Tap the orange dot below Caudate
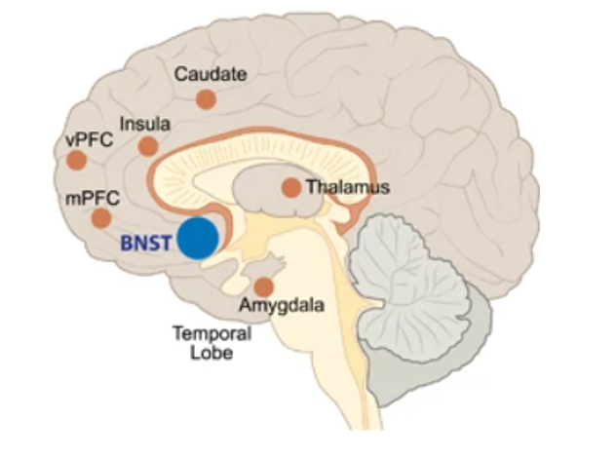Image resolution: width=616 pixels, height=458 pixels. coord(206,98)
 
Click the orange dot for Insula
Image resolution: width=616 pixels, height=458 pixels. coord(148,146)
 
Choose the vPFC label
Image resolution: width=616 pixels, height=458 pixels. coord(89,140)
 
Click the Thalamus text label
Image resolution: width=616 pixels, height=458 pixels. coord(347,186)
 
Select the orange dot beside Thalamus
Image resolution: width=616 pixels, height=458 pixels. coord(290,187)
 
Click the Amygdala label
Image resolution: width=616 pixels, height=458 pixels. coord(280,309)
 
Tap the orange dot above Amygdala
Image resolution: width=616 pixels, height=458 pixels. coord(263,286)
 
